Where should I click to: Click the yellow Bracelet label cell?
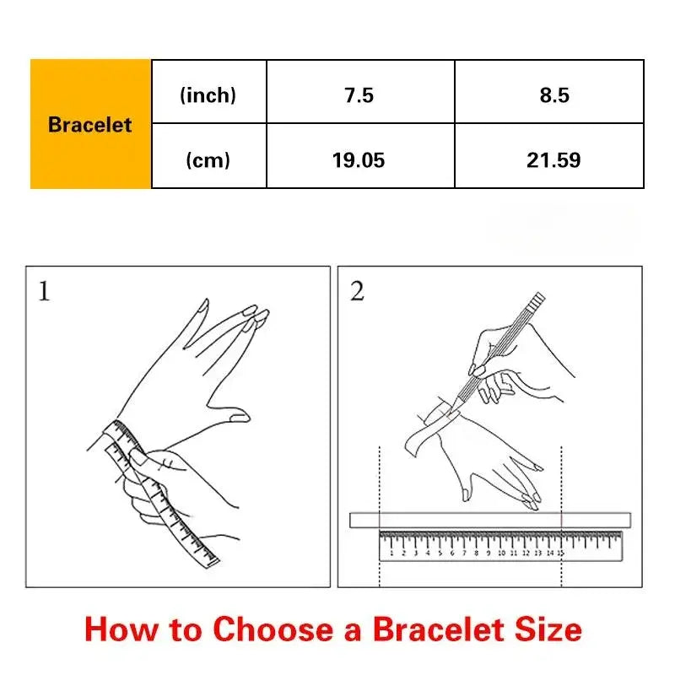[90, 124]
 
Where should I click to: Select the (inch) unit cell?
[208, 92]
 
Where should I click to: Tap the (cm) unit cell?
[208, 156]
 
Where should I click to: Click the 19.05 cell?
[360, 156]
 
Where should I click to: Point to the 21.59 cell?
[549, 156]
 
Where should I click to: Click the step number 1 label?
[44, 291]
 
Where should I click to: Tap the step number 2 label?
[357, 291]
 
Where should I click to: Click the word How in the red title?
[121, 629]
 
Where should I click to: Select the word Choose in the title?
[273, 629]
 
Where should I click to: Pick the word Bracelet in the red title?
[438, 629]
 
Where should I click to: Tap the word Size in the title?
[548, 629]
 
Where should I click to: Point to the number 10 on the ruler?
[501, 553]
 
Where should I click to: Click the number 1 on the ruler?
[391, 553]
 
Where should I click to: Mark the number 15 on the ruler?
[560, 553]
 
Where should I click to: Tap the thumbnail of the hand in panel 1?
[239, 417]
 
